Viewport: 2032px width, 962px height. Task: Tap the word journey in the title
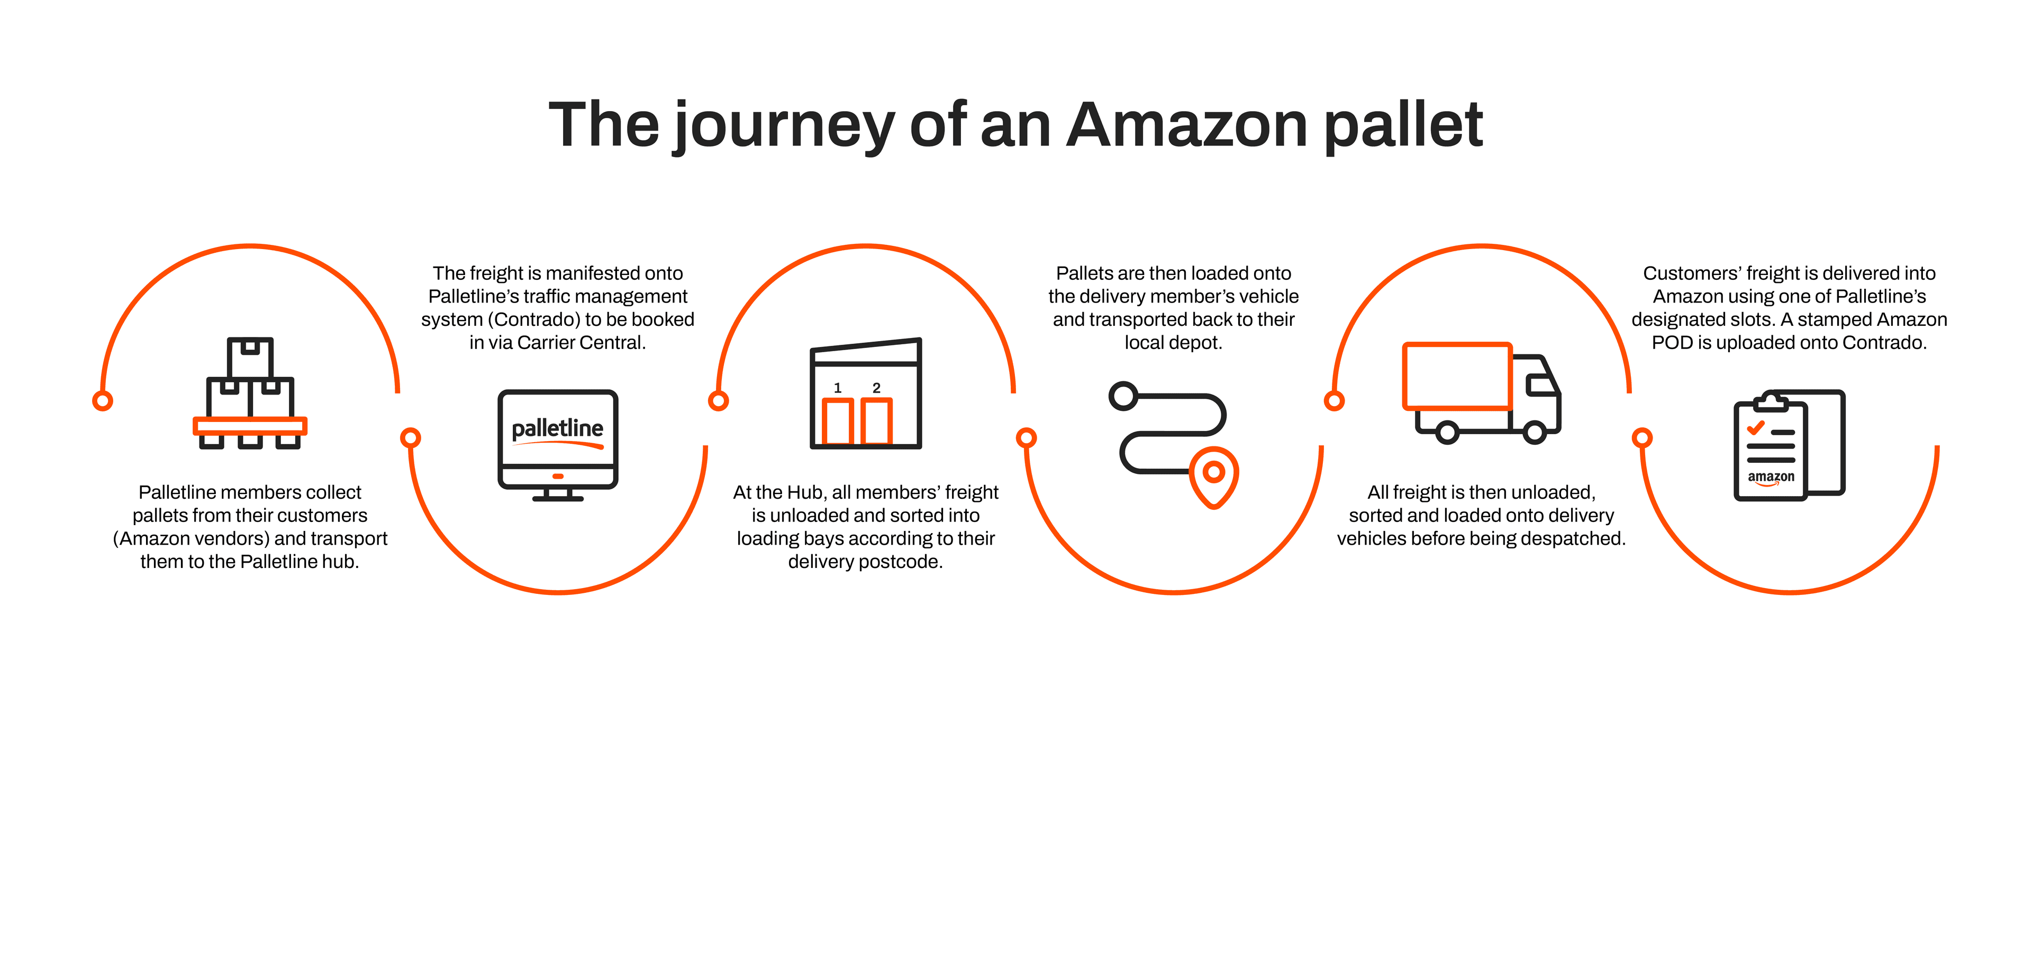[x=783, y=126]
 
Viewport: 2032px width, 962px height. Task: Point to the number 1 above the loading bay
[x=838, y=388]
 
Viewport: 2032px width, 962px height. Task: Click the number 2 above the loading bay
[x=876, y=388]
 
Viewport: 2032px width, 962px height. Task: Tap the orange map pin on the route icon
[x=1214, y=475]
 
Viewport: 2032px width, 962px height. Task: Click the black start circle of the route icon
[x=1123, y=396]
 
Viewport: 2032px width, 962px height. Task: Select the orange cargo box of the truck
[x=1457, y=376]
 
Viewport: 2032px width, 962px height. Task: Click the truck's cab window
[x=1540, y=385]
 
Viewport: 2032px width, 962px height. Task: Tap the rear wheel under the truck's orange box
[x=1447, y=432]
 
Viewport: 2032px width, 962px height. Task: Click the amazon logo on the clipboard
[x=1771, y=477]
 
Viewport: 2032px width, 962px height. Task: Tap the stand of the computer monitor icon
[x=558, y=494]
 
